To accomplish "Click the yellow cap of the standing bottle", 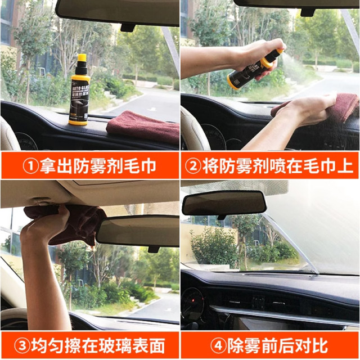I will tap(82, 58).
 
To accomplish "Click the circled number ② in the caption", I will tap(194, 166).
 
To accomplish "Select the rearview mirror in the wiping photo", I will tap(137, 230).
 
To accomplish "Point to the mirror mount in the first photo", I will tap(128, 26).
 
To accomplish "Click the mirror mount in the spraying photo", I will tap(307, 12).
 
